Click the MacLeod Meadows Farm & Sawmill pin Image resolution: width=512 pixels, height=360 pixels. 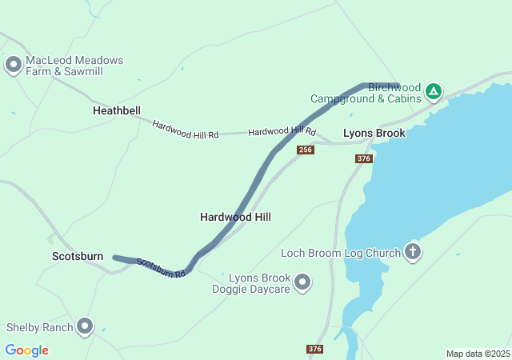click(x=13, y=64)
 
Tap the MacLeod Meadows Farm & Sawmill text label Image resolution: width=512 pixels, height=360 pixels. click(x=75, y=66)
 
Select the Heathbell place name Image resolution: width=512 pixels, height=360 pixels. click(x=116, y=110)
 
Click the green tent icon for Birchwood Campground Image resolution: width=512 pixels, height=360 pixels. click(x=433, y=91)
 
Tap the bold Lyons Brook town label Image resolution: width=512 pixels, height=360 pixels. click(x=374, y=133)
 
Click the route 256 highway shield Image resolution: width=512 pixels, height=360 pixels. click(x=305, y=150)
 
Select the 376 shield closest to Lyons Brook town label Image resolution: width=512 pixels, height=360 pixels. click(x=363, y=159)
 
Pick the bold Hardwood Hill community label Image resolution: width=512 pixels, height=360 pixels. click(x=235, y=217)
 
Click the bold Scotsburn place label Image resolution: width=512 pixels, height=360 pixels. click(x=77, y=256)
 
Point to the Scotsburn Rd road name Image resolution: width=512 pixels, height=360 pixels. click(x=161, y=267)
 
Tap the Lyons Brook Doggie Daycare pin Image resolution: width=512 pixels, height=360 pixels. click(x=302, y=282)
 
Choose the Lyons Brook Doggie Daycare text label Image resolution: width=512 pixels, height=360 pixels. click(x=258, y=283)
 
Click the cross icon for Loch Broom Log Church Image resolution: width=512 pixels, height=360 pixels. click(x=413, y=253)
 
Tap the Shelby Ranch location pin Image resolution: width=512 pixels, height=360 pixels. click(x=85, y=326)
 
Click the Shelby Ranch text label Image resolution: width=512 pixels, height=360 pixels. click(x=39, y=327)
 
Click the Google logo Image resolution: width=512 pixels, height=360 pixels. click(x=26, y=350)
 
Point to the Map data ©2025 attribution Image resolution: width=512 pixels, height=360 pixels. click(x=478, y=354)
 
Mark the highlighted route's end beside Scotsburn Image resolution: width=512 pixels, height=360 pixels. click(x=116, y=258)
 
